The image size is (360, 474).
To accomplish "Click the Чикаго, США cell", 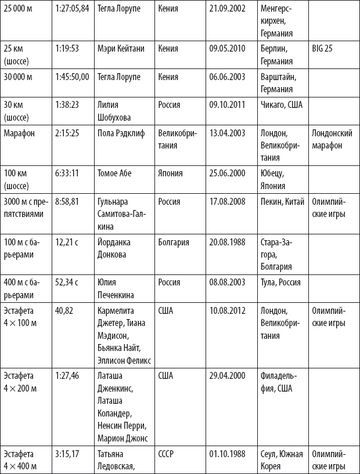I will pyautogui.click(x=282, y=105).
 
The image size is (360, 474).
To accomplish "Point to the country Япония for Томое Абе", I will pyautogui.click(x=171, y=173).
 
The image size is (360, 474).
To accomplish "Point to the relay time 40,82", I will pyautogui.click(x=64, y=311).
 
